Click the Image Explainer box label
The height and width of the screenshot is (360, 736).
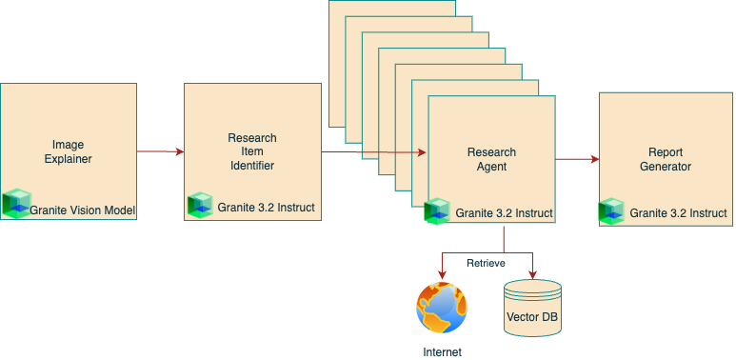pyautogui.click(x=68, y=151)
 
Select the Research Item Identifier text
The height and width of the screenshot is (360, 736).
pyautogui.click(x=252, y=151)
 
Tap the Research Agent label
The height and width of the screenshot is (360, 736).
pyautogui.click(x=491, y=159)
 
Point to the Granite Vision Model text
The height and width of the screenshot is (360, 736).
pyautogui.click(x=83, y=210)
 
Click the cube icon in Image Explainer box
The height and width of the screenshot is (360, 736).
pyautogui.click(x=16, y=205)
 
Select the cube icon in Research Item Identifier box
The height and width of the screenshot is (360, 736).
pyautogui.click(x=200, y=206)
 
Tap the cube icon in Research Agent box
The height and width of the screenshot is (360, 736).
pyautogui.click(x=437, y=211)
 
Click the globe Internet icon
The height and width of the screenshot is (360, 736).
pyautogui.click(x=442, y=309)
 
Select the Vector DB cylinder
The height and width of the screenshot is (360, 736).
pyautogui.click(x=530, y=308)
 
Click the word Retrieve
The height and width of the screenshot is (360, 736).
pyautogui.click(x=486, y=262)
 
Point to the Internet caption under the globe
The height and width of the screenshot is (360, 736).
pyautogui.click(x=442, y=351)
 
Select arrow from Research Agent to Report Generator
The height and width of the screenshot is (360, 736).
pyautogui.click(x=577, y=159)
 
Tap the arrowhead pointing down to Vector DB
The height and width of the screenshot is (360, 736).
pyautogui.click(x=530, y=272)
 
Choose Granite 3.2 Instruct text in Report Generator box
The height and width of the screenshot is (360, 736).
pyautogui.click(x=678, y=213)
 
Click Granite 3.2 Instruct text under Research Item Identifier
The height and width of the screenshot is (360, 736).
pyautogui.click(x=266, y=207)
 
